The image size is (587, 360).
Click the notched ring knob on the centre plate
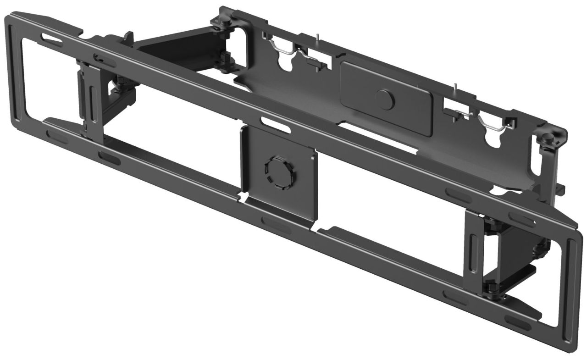tap(278, 172)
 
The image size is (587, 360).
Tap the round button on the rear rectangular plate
tap(385, 99)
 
